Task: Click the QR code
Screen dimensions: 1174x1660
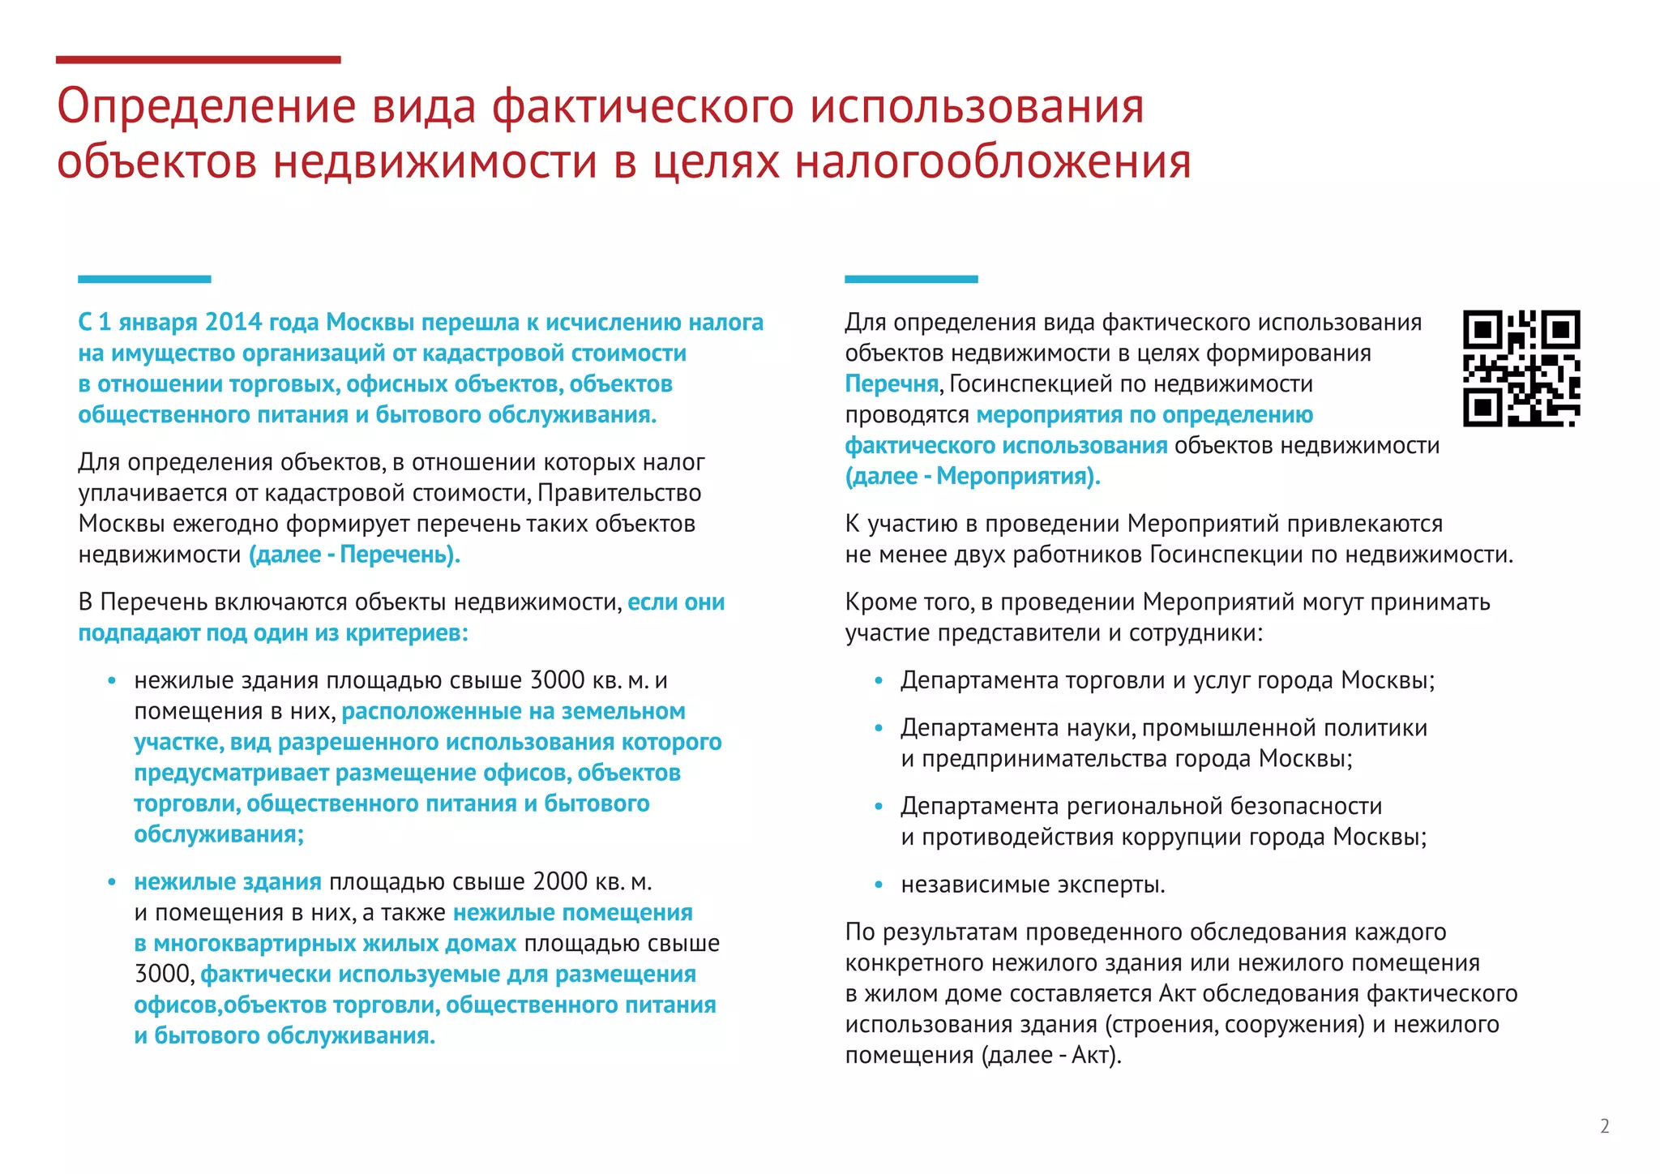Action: (1521, 368)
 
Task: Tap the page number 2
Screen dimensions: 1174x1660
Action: (1604, 1126)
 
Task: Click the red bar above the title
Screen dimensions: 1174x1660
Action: (198, 59)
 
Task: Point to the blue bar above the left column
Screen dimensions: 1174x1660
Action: (144, 279)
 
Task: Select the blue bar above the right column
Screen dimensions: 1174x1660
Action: (911, 279)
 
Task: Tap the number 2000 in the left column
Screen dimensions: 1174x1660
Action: (561, 881)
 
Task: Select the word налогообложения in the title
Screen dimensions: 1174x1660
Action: (992, 161)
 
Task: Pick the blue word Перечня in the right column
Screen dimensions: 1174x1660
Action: (892, 384)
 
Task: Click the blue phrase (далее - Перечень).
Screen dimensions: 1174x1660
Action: (354, 555)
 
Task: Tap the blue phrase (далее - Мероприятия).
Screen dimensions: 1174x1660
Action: (973, 477)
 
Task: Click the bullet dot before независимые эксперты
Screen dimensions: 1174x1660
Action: (879, 885)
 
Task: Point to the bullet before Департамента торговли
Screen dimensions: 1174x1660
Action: (879, 681)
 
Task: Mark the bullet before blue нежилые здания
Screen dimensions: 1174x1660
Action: (112, 882)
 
